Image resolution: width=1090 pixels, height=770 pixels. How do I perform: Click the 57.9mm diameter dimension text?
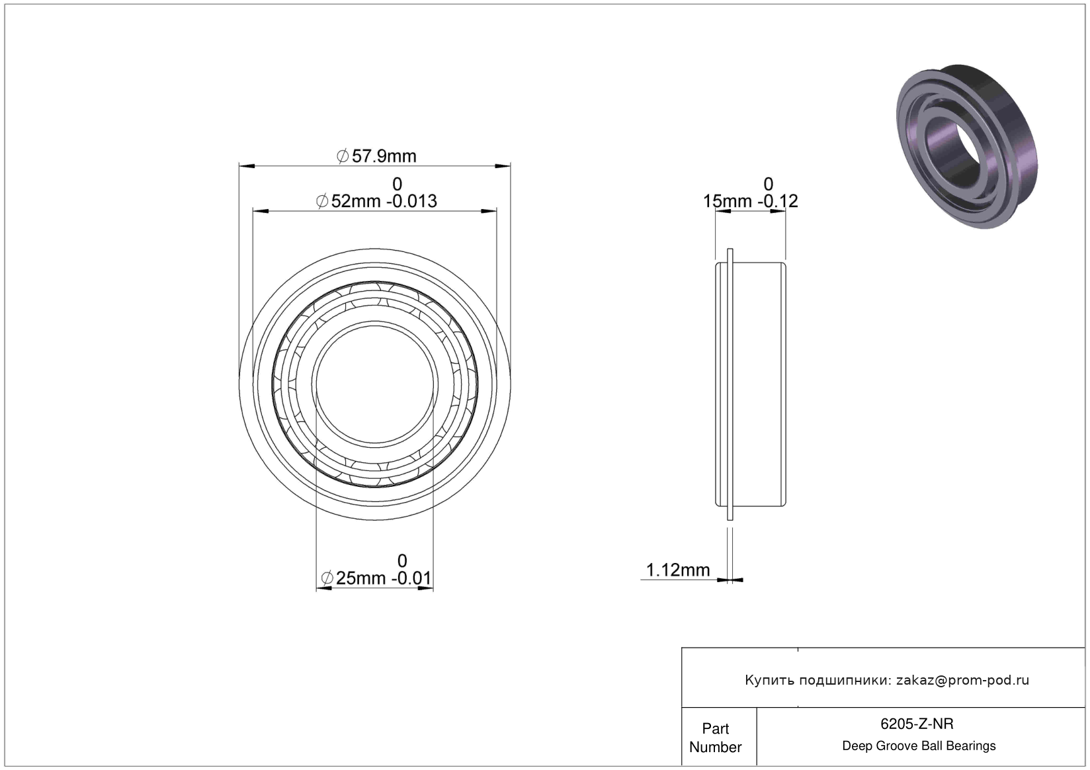point(376,156)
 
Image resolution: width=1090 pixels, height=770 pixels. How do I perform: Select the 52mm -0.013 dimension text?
point(376,201)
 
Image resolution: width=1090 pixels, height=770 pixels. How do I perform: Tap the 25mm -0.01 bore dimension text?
point(376,578)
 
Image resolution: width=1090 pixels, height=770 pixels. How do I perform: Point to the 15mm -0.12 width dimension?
point(750,201)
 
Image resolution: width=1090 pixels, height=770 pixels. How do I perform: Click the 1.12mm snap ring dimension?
point(678,570)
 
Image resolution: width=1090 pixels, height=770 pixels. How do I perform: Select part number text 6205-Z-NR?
point(917,724)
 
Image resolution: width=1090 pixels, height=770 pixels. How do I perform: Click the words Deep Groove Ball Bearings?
point(919,746)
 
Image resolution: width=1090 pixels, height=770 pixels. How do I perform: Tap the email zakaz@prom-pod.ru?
point(962,680)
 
